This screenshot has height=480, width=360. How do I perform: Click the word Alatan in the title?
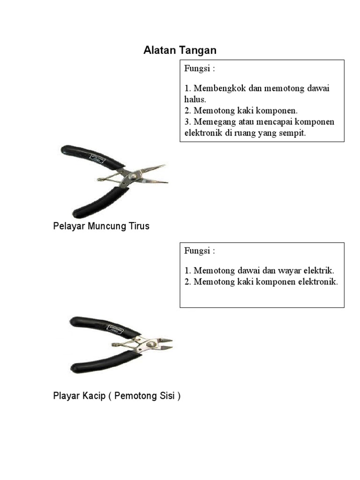(160, 50)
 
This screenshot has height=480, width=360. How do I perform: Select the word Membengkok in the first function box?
(220, 88)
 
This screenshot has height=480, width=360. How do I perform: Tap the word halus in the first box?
(194, 99)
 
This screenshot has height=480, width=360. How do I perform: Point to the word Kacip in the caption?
(94, 396)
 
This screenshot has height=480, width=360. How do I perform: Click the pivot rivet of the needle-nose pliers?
(133, 177)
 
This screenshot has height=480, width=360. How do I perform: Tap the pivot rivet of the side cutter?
(151, 345)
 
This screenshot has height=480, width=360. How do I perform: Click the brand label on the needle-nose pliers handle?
(97, 159)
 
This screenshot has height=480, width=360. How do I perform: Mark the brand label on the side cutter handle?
(115, 330)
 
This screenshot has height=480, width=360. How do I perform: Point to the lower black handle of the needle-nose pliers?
(99, 202)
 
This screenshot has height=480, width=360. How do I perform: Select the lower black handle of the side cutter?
(105, 362)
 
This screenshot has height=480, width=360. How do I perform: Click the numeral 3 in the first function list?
(187, 122)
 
